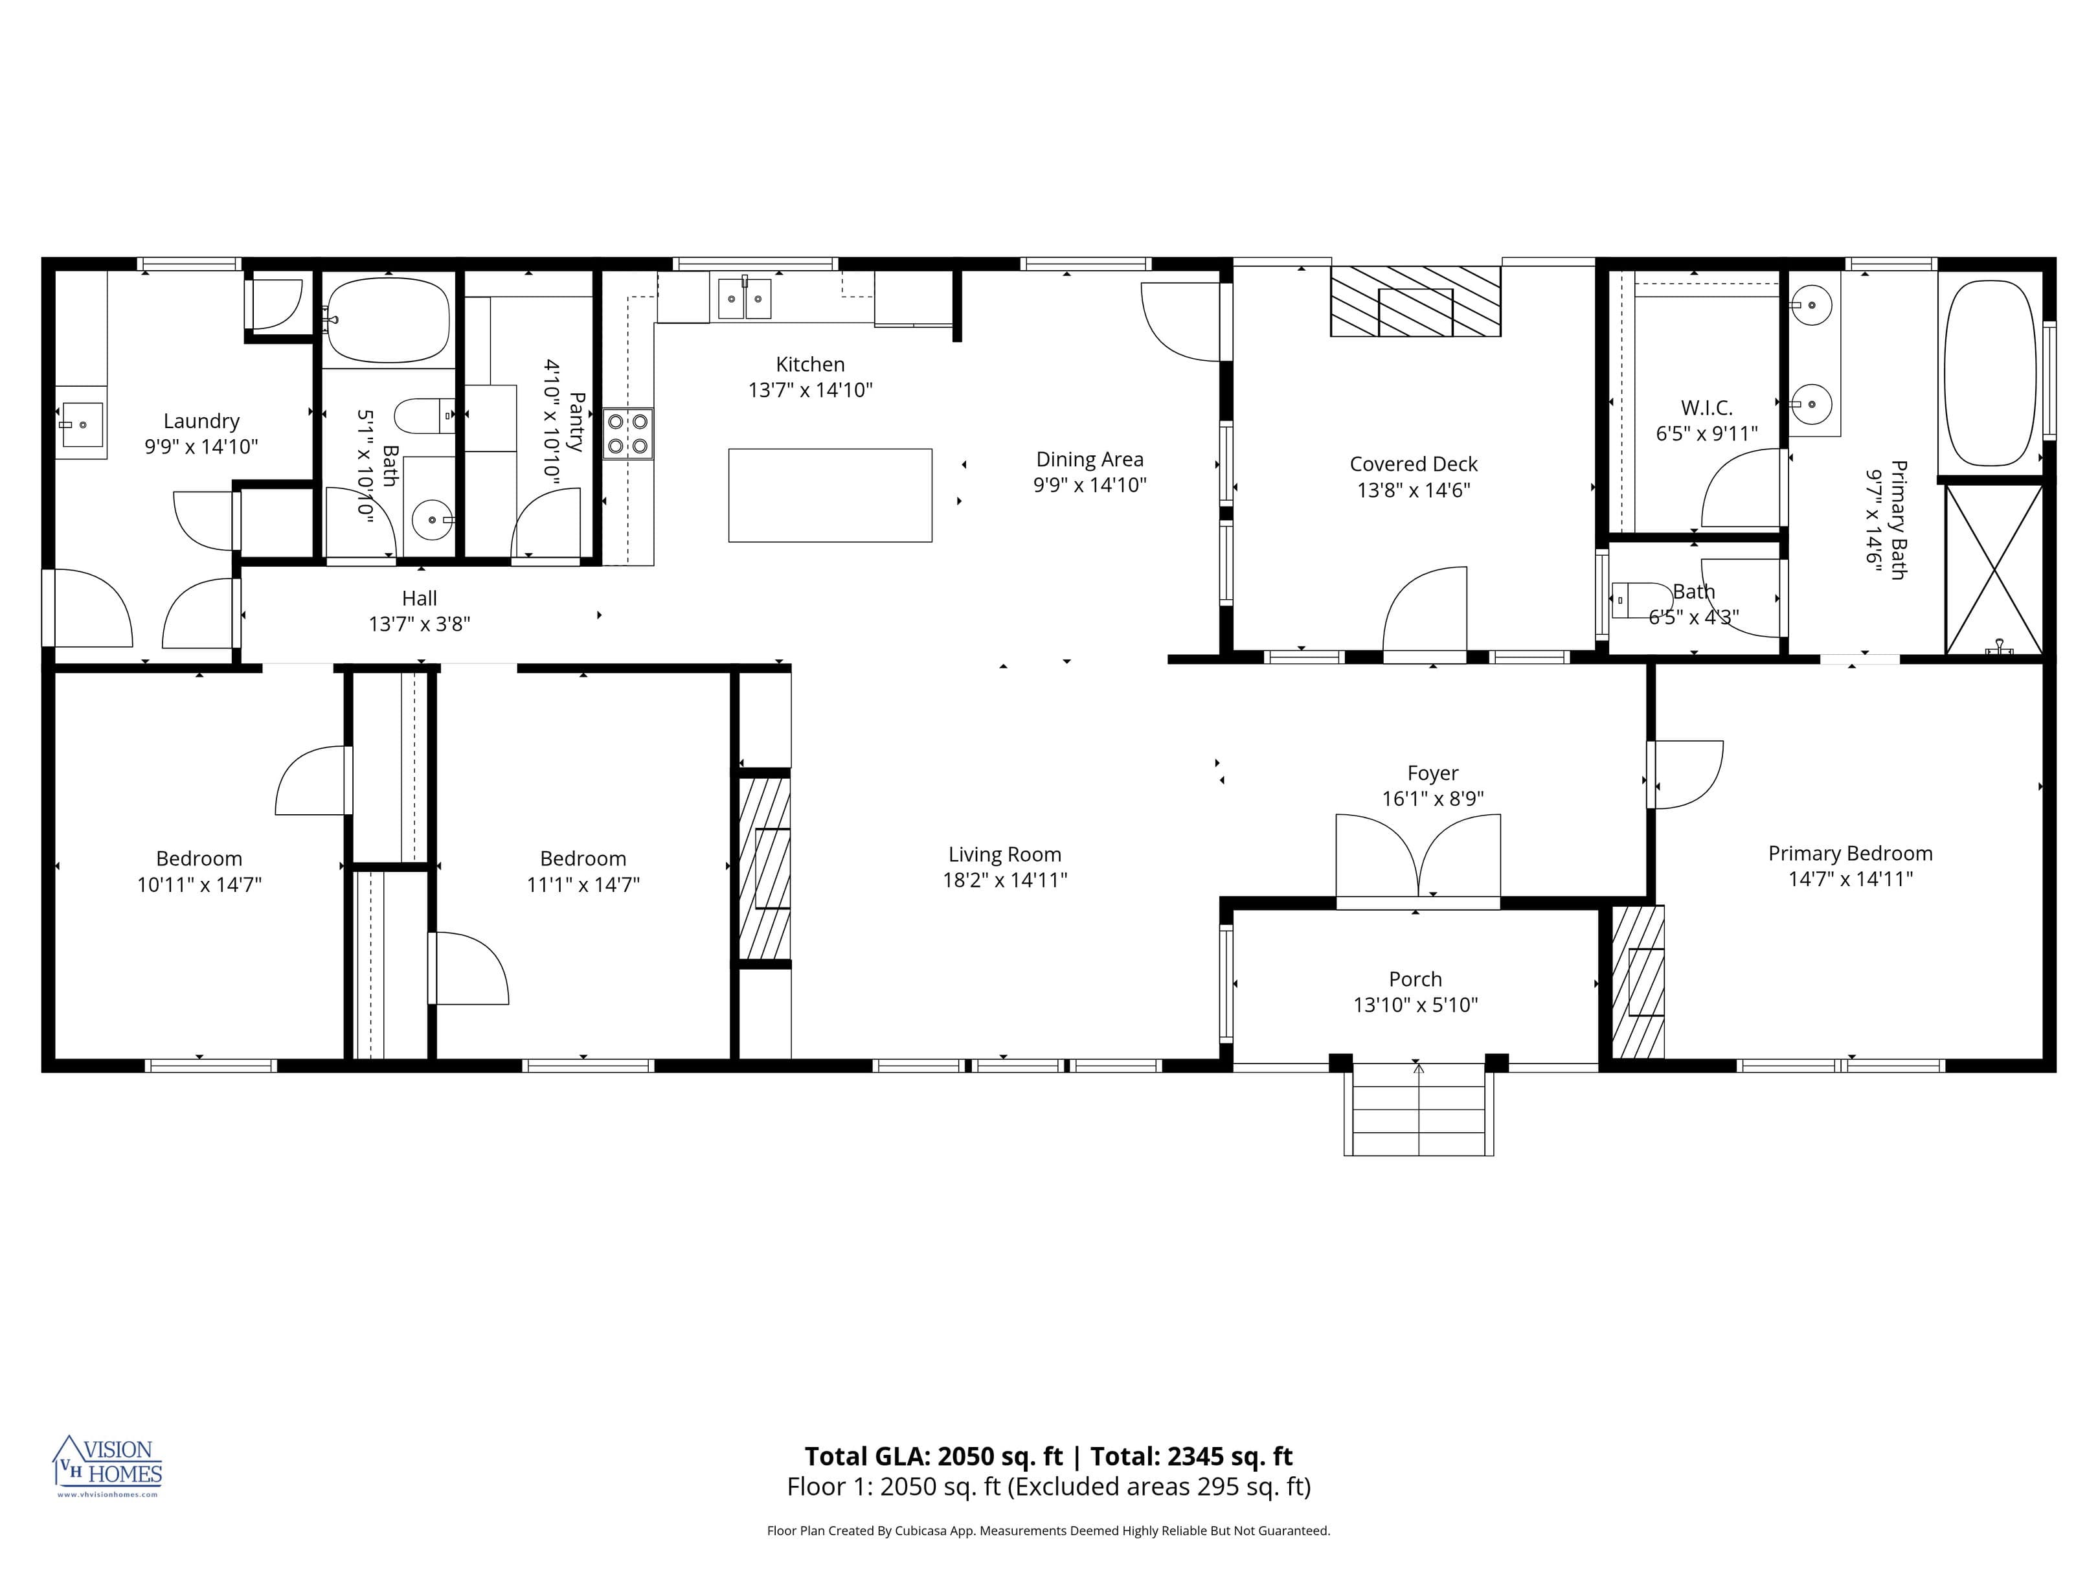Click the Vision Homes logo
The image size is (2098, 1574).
tap(107, 1465)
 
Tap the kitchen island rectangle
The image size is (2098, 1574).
tap(830, 496)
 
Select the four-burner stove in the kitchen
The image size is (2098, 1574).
tap(628, 433)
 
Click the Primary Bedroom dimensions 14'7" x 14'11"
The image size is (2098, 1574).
tap(1849, 878)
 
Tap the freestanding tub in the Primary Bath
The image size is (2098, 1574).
tap(1989, 373)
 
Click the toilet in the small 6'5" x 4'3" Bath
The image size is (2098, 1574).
tap(1640, 600)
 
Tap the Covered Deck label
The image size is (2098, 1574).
tap(1413, 464)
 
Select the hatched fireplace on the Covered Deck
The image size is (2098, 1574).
tap(1415, 301)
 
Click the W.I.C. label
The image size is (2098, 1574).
tap(1706, 408)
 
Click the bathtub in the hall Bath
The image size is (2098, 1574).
tap(387, 320)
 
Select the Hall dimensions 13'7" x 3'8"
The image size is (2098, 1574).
tap(419, 623)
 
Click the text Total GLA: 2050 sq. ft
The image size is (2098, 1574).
tap(933, 1455)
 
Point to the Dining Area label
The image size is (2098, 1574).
tap(1089, 459)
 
